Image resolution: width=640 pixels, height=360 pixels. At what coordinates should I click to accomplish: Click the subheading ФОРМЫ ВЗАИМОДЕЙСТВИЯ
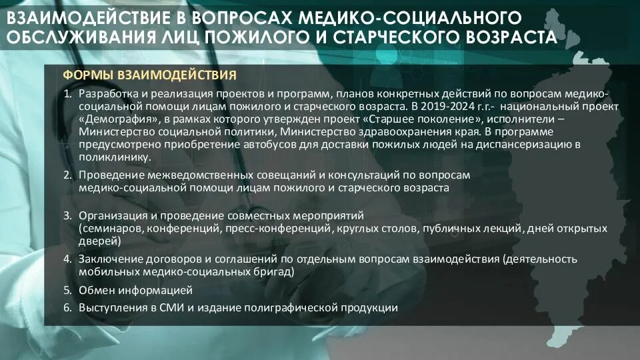[149, 75]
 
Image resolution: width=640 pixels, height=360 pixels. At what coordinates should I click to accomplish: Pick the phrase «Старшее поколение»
[407, 119]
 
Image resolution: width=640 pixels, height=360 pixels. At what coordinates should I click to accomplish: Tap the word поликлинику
[110, 157]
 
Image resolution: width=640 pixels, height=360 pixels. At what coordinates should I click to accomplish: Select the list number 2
[67, 175]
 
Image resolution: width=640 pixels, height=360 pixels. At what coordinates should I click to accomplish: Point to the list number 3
[67, 216]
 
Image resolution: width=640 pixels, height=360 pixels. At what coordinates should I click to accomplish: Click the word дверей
[95, 241]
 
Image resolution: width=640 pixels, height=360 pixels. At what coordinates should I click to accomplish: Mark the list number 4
[67, 259]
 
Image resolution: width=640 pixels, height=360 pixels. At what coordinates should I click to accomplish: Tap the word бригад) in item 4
[273, 271]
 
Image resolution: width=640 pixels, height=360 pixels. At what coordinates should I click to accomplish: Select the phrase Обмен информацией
[135, 291]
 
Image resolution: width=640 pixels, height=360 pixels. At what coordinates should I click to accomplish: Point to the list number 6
[67, 308]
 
